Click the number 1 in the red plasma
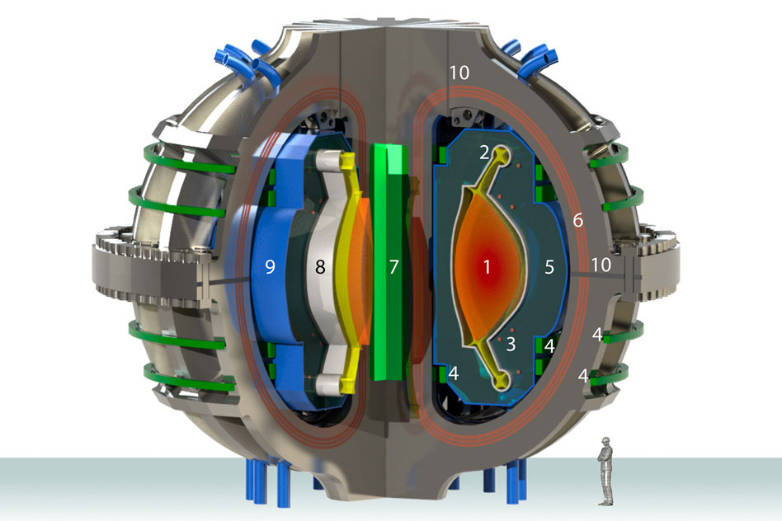[487, 267]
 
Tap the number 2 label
[484, 153]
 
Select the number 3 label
[511, 344]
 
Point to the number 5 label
[549, 267]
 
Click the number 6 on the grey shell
[577, 220]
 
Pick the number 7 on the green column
[394, 267]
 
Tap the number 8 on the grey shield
[320, 267]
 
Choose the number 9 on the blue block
[270, 267]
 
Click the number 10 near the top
[459, 73]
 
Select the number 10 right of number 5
[601, 265]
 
